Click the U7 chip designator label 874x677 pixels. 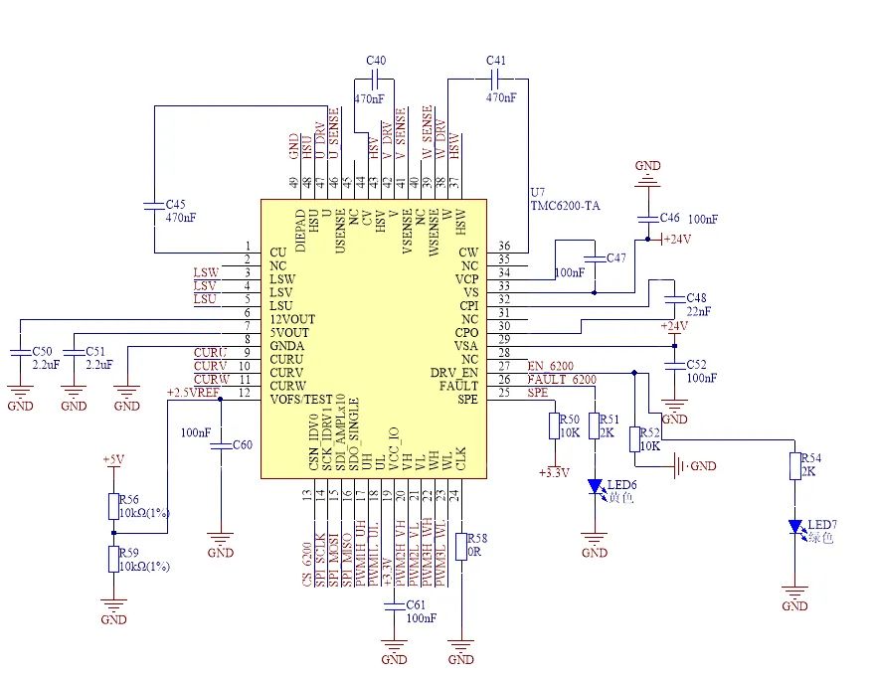click(x=538, y=191)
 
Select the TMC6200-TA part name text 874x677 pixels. click(x=563, y=206)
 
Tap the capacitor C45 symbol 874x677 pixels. click(x=153, y=205)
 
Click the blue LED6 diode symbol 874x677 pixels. click(x=595, y=486)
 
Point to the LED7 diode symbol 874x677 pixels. click(x=795, y=526)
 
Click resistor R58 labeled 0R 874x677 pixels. click(x=460, y=547)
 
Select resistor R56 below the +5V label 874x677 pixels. click(x=114, y=506)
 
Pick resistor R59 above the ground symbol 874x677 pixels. click(x=114, y=559)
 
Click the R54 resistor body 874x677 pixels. click(x=795, y=465)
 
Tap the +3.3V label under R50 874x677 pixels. click(x=553, y=473)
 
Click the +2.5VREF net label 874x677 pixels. click(x=193, y=393)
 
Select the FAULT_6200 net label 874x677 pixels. click(x=562, y=380)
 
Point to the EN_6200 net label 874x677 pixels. click(x=550, y=366)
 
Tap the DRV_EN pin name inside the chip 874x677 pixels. click(x=456, y=373)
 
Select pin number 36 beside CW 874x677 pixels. click(x=504, y=247)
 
